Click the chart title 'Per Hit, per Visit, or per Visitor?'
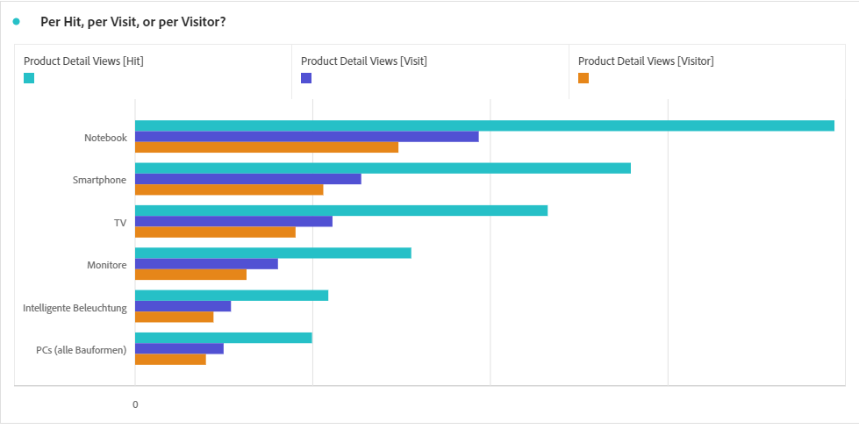132,22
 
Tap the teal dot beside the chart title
17,22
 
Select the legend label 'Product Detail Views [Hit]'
83,61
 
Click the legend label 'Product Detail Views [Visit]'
363,61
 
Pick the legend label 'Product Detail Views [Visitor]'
646,61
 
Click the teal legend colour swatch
29,78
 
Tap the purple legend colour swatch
306,78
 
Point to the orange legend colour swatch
583,78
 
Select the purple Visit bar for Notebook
306,137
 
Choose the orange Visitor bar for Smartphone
229,189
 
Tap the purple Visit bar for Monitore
206,264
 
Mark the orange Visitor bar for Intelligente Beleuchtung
174,317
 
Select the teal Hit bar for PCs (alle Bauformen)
223,338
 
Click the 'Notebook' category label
105,138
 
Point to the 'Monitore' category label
106,265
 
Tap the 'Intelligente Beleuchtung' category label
75,308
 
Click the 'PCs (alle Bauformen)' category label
81,350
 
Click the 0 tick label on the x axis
135,404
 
